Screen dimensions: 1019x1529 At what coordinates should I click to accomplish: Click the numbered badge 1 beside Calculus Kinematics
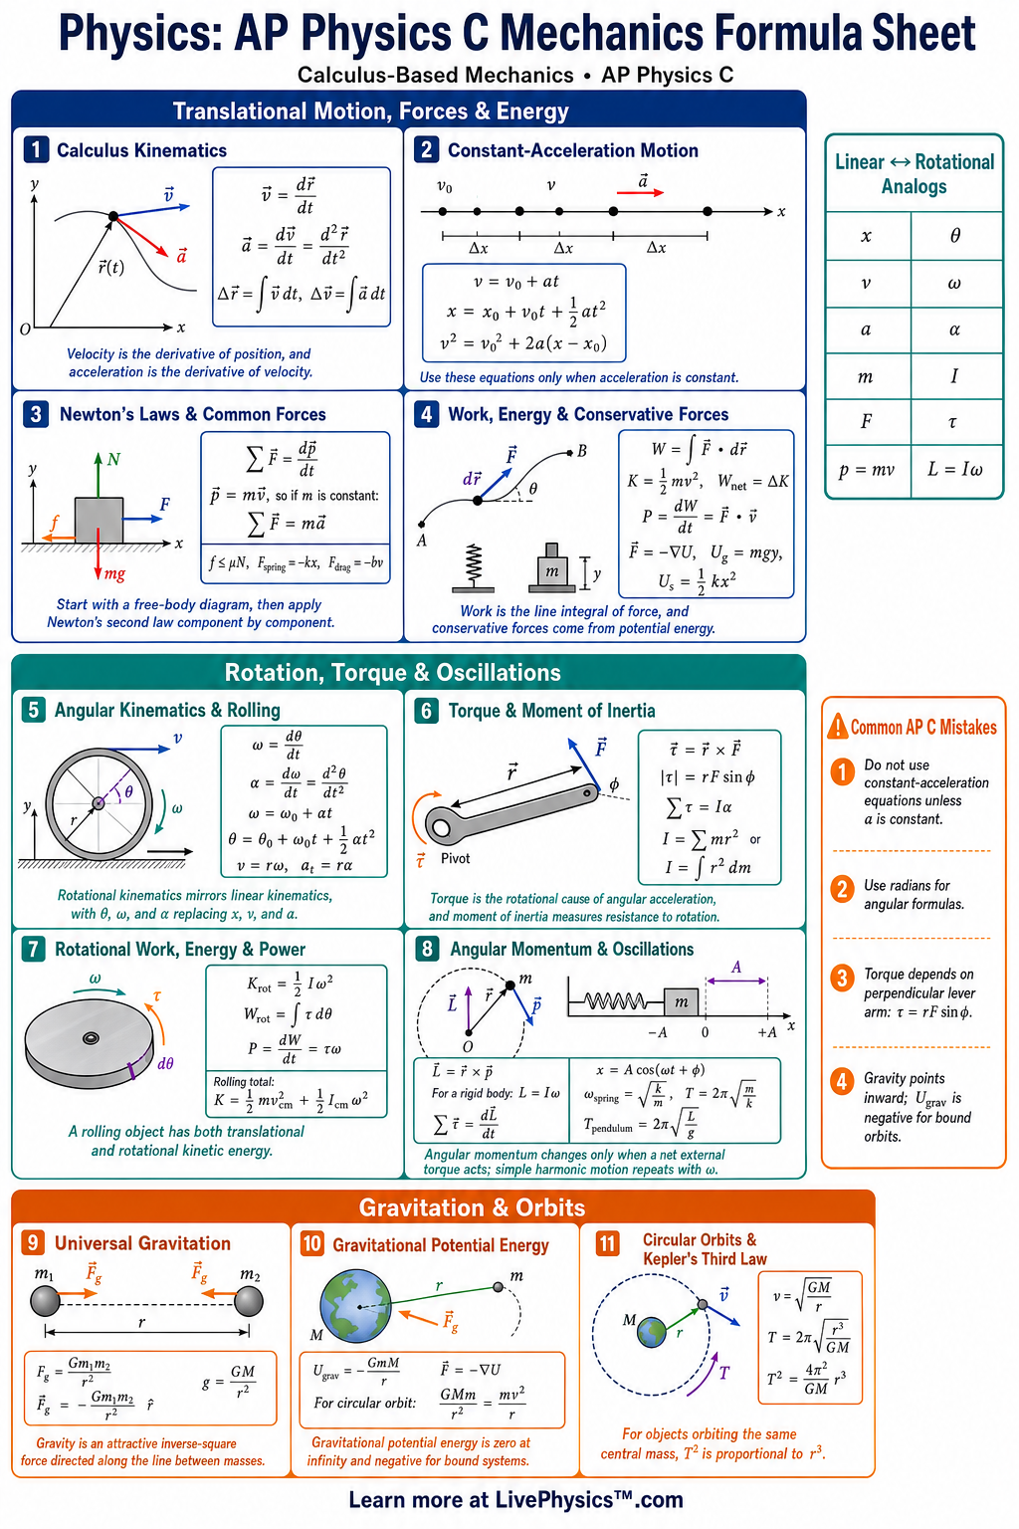click(x=36, y=149)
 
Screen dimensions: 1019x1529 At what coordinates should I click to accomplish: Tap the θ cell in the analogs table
click(x=955, y=236)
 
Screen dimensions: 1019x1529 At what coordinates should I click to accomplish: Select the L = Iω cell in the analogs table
click(x=955, y=469)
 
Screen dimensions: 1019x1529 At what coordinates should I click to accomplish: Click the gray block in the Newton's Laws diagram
click(x=99, y=521)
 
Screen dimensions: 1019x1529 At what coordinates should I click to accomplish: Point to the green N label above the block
click(x=114, y=459)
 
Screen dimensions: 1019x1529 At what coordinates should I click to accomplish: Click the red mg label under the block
click(x=114, y=573)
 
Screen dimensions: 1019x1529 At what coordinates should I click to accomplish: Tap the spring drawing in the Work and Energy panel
click(x=473, y=567)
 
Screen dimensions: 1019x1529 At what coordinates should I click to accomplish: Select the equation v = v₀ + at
click(x=516, y=282)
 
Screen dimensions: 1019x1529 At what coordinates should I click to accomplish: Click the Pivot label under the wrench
click(x=455, y=858)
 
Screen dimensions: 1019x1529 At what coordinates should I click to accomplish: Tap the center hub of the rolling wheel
click(x=99, y=803)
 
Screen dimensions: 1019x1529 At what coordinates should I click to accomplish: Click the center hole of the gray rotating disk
click(x=91, y=1038)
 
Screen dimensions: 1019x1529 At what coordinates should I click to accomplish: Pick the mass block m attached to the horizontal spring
click(x=681, y=1001)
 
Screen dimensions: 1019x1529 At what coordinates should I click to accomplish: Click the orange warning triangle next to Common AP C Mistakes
click(x=838, y=726)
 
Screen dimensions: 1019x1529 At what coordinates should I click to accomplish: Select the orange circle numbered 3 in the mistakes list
click(x=842, y=979)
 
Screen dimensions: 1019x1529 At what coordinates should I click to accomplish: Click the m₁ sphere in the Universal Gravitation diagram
click(x=46, y=1300)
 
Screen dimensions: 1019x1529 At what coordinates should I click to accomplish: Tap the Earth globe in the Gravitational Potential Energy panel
click(x=355, y=1306)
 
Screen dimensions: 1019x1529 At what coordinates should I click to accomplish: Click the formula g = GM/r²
click(x=229, y=1381)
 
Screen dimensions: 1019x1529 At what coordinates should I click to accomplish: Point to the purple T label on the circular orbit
click(x=724, y=1372)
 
